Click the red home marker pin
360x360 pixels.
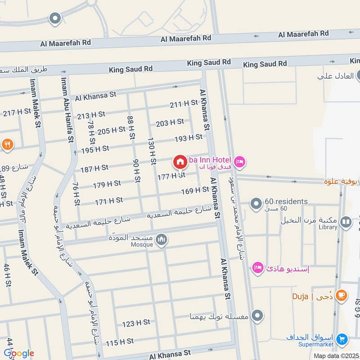(x=180, y=162)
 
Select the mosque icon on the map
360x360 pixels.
(x=162, y=240)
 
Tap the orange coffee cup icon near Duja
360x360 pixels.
(x=342, y=295)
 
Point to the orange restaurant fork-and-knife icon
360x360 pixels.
(x=8, y=144)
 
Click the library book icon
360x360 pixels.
(x=346, y=221)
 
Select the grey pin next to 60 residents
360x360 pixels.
(x=256, y=204)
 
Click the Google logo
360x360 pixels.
(x=18, y=353)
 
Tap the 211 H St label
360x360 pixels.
(x=184, y=104)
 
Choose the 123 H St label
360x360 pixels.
(x=136, y=323)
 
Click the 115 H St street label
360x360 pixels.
(x=120, y=342)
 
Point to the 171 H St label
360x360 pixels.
(x=109, y=201)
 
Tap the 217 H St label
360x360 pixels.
(x=17, y=112)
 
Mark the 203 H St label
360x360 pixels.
(x=170, y=122)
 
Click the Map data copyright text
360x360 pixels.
(x=336, y=355)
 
